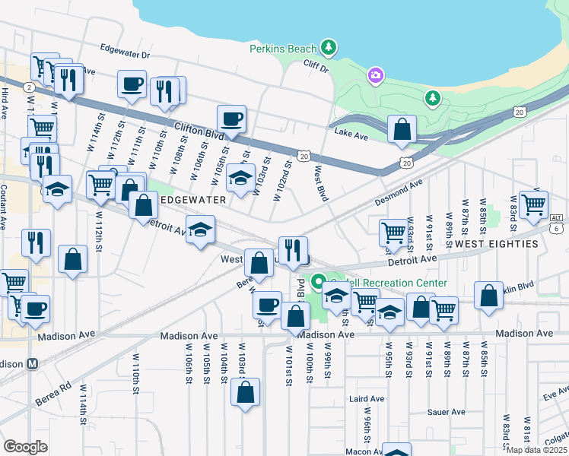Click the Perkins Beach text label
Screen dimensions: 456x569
pos(282,49)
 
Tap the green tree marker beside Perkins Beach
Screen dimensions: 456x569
pos(329,48)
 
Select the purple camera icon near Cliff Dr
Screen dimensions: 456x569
pos(375,75)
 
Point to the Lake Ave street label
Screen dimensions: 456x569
pos(351,133)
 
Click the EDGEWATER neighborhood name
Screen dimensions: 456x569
pos(193,199)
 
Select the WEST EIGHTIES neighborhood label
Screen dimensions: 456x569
pos(497,244)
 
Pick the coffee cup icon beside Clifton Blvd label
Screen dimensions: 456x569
pos(230,119)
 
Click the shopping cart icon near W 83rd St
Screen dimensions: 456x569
pos(533,204)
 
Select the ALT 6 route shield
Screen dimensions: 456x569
pos(557,223)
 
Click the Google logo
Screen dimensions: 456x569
pos(25,446)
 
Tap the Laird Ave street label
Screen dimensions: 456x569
pos(367,399)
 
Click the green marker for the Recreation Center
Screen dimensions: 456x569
pos(318,281)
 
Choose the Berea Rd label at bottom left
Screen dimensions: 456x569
pos(53,393)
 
